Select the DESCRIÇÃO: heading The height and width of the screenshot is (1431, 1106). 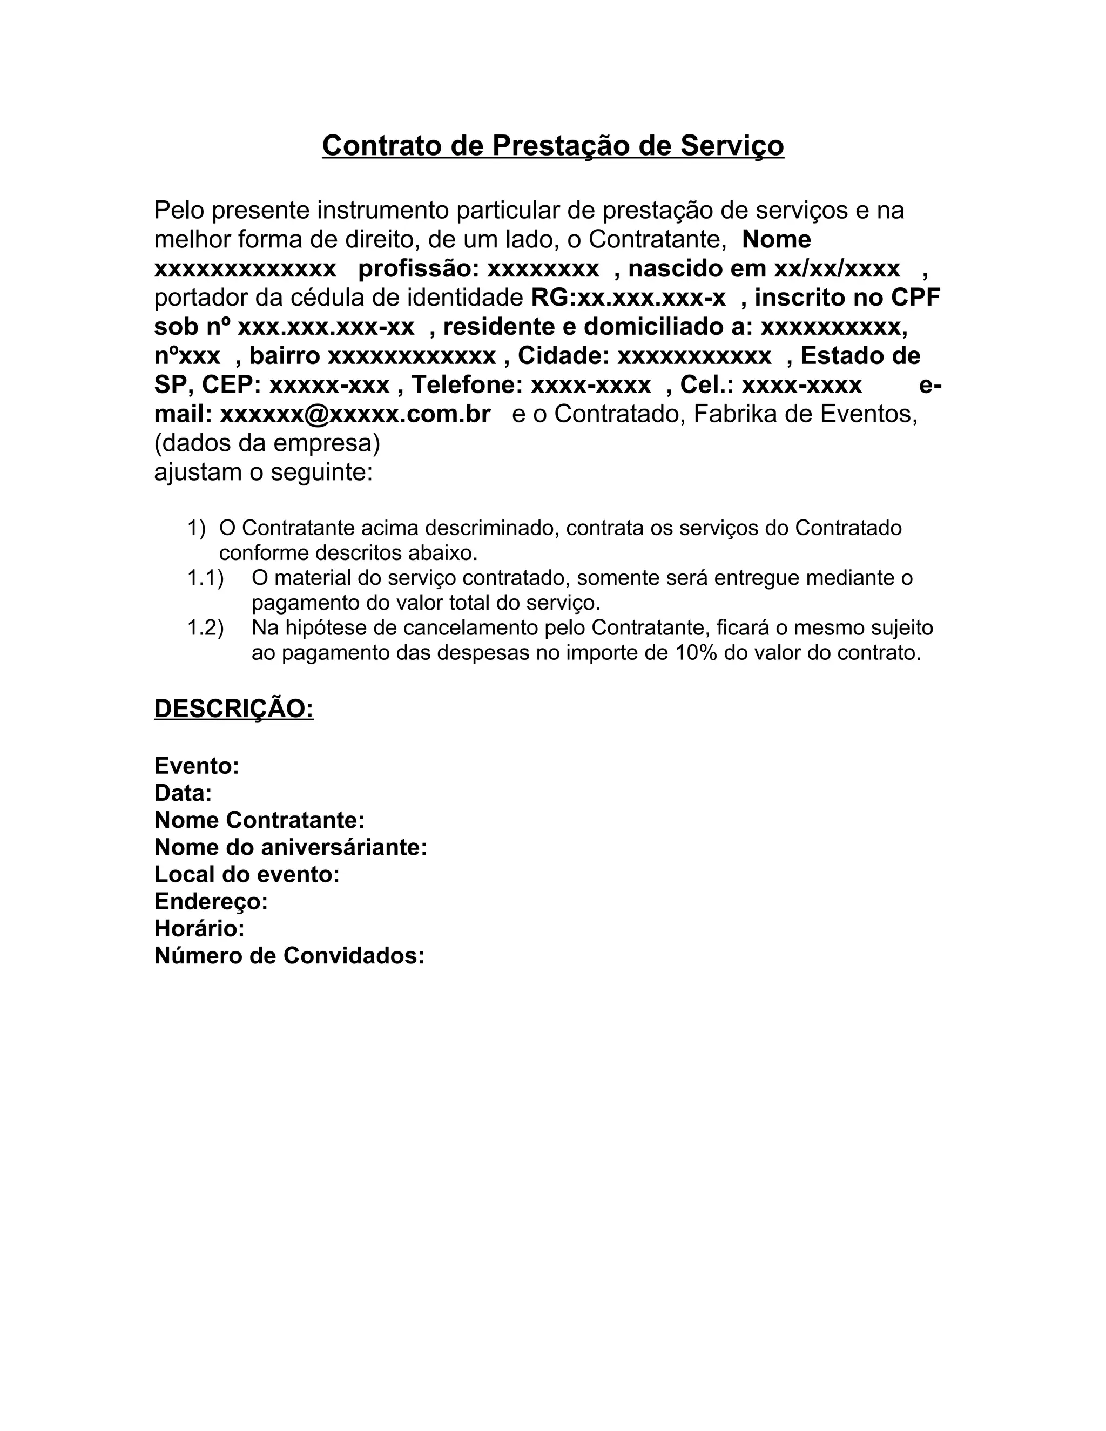point(234,708)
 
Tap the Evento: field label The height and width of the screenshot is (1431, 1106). point(197,765)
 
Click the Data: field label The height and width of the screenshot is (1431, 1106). point(183,793)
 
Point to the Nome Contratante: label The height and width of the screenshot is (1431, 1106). point(259,820)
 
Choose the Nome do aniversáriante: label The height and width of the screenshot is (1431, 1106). point(290,847)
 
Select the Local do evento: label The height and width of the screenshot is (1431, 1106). point(247,874)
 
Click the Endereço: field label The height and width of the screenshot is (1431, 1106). point(211,902)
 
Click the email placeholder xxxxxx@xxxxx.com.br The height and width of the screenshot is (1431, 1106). point(355,414)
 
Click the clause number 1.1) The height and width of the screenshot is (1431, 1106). point(205,578)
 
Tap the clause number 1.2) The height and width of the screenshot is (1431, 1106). point(205,627)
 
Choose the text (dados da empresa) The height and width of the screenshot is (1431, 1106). point(267,443)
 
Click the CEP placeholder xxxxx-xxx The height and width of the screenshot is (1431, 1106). point(329,384)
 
